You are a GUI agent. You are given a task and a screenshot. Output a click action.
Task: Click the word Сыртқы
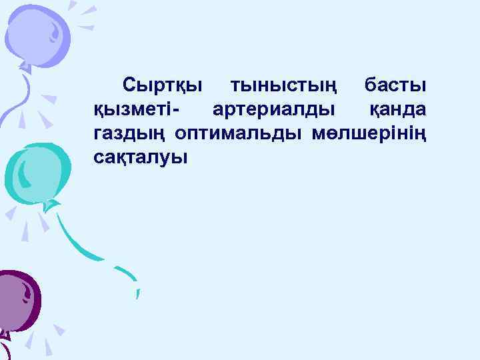(163, 87)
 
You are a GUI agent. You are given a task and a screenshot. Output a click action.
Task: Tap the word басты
(396, 87)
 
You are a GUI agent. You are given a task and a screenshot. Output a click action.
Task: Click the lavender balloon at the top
(40, 33)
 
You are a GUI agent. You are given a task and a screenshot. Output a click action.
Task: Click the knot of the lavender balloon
(25, 67)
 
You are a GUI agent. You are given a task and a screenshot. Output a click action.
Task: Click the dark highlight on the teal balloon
(23, 173)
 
